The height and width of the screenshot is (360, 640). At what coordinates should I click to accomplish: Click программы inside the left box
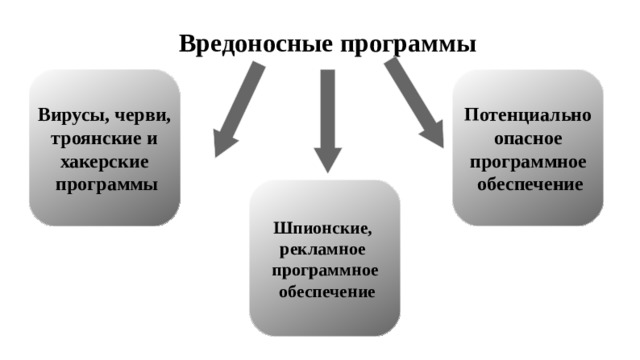(x=106, y=185)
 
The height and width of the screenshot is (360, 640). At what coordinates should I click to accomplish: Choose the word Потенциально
(x=527, y=114)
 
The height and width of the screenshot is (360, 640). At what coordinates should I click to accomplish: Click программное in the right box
(x=527, y=161)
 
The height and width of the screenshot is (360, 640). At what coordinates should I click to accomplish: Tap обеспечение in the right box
(x=529, y=185)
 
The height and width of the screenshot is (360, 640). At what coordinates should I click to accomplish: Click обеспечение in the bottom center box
(x=326, y=292)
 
